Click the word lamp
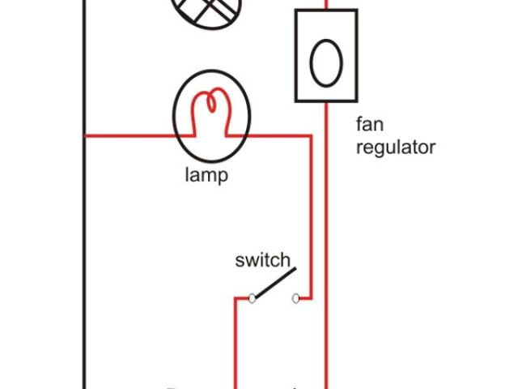206,175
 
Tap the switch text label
262,260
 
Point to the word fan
368,126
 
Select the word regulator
395,147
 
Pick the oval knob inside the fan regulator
325,63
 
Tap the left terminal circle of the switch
252,298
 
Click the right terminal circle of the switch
297,298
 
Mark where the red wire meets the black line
84,136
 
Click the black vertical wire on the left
84,243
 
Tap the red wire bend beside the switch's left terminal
236,298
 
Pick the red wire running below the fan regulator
325,243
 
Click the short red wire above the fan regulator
325,4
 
